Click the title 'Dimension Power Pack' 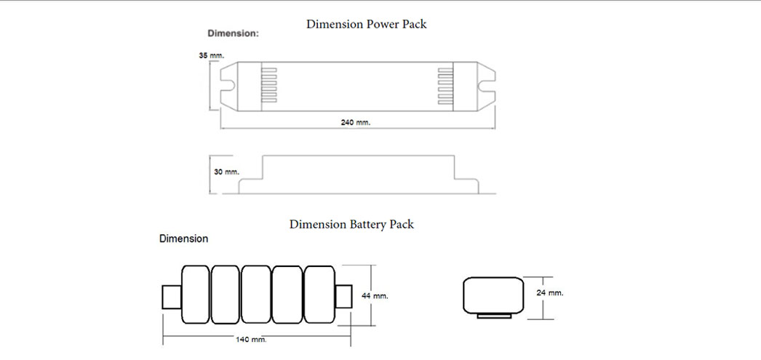(x=366, y=24)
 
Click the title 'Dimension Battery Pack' (x=351, y=224)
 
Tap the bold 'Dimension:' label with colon (x=233, y=33)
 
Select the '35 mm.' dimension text (x=212, y=55)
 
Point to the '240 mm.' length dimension (x=356, y=122)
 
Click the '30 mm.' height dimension (x=226, y=172)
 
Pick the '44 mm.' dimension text (x=375, y=296)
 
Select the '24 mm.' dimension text (x=551, y=292)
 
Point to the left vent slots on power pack (x=270, y=86)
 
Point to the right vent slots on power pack (x=445, y=86)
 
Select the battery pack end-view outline (x=493, y=295)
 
